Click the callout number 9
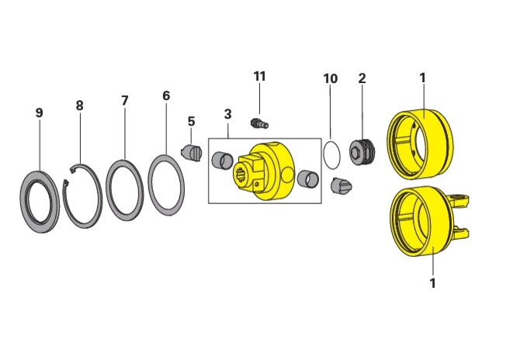[39, 113]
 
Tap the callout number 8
[79, 106]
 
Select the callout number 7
[124, 100]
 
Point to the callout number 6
[166, 95]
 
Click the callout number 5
[191, 121]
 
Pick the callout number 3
[227, 114]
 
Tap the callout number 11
[260, 76]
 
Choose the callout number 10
[331, 78]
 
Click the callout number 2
[362, 78]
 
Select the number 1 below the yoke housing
[432, 283]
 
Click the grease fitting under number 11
[260, 123]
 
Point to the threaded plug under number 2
[362, 153]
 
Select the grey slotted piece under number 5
[192, 154]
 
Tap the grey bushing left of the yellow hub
[222, 161]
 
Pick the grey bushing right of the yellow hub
[308, 179]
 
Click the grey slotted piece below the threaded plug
[341, 185]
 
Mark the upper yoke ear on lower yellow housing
[459, 199]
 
